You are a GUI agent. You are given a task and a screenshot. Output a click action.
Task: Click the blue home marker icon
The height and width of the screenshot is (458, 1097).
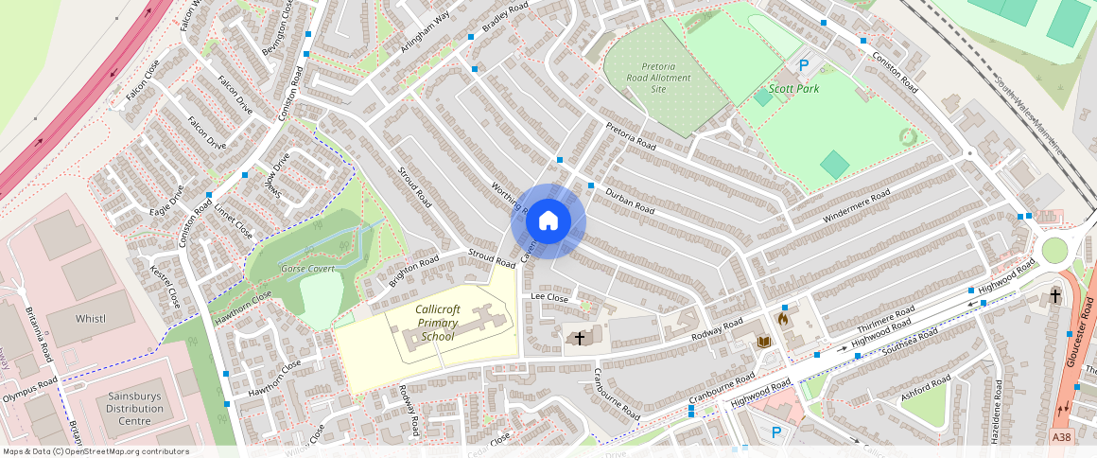548,221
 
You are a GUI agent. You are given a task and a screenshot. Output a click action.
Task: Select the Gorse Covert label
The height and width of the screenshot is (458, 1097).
308,269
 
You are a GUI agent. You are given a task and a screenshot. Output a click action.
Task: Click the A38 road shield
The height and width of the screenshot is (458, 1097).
1062,436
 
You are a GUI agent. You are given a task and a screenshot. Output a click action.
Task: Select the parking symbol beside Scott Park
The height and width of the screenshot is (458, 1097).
804,65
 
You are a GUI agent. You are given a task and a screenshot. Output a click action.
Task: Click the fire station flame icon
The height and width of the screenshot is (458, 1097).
783,319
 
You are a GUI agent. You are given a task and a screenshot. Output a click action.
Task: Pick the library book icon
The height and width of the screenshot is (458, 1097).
765,341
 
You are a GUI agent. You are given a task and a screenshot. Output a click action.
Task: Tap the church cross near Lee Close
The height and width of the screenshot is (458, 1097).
580,337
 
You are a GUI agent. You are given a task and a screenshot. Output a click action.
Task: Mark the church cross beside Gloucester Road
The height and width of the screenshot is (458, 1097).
1055,296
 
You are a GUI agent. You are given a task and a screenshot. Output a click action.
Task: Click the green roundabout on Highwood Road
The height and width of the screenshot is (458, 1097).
1053,251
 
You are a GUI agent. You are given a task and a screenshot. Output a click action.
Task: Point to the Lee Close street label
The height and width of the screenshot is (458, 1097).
549,297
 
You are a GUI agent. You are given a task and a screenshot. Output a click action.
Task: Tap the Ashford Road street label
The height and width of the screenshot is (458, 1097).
925,392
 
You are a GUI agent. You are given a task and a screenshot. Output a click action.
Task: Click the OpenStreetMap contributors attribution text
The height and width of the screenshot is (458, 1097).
96,451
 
